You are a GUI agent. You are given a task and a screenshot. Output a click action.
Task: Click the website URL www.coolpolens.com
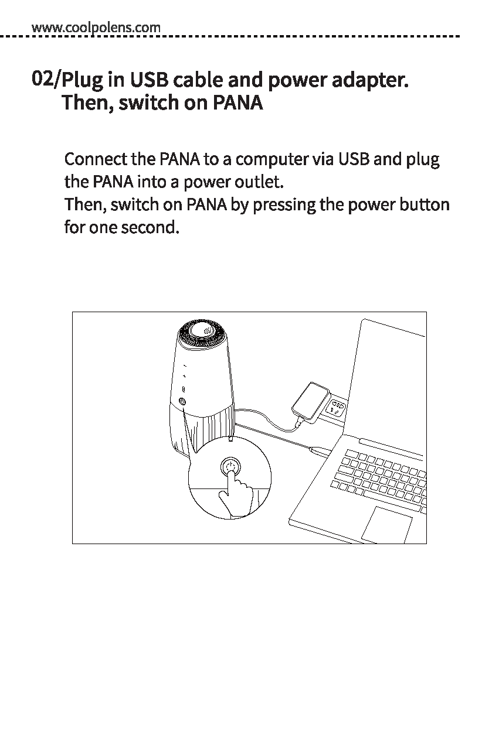[x=96, y=27]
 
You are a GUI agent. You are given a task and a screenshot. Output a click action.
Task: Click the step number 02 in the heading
[x=43, y=77]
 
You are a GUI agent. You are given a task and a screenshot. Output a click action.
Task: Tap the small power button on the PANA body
[x=182, y=402]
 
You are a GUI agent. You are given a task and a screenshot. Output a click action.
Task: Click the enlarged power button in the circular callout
[x=230, y=467]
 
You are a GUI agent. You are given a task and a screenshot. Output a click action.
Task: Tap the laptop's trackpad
[x=388, y=524]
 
